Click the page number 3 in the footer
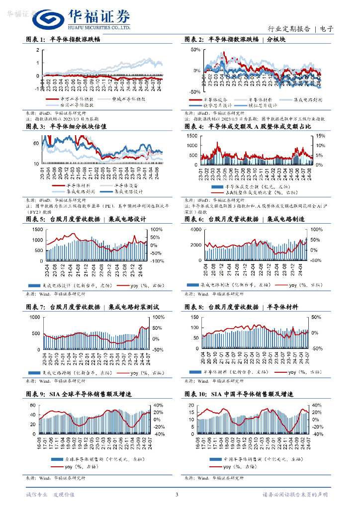(x=177, y=495)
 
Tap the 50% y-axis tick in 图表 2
(x=195, y=50)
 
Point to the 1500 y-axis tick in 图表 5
(x=37, y=229)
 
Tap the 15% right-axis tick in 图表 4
(x=320, y=136)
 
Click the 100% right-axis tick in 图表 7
(x=158, y=317)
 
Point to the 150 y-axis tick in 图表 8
(x=193, y=317)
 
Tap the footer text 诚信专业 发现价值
(x=50, y=495)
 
